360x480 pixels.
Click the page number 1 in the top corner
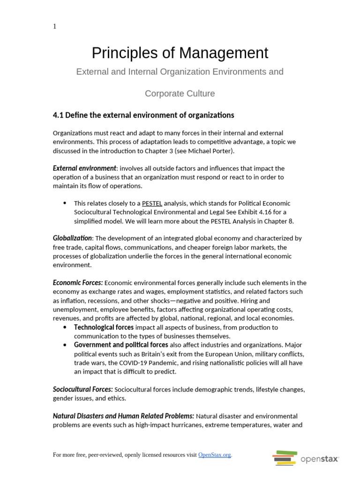coord(55,27)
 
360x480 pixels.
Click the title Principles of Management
coord(180,53)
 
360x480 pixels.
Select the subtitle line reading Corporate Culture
coord(180,93)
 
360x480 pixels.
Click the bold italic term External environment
coord(84,168)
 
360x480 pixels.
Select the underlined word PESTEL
coord(152,203)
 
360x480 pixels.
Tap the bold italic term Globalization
coord(73,238)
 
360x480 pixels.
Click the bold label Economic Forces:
coord(78,283)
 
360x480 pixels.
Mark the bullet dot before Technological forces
coord(65,327)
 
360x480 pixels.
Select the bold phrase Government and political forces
coord(121,345)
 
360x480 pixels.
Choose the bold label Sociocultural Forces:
coord(83,390)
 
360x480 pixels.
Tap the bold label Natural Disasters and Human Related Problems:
coord(123,416)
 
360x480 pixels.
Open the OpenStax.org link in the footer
coord(214,455)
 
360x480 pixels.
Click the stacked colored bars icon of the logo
coord(285,457)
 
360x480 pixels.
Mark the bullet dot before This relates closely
coord(65,203)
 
